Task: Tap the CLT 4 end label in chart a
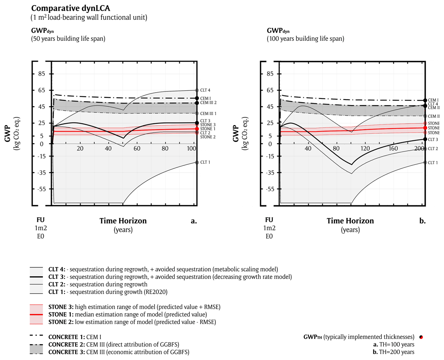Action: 206,90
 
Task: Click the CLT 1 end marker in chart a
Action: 196,163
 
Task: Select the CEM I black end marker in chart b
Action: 425,100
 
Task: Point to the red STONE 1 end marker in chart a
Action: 196,129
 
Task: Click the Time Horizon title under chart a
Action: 123,221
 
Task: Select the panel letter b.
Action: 422,221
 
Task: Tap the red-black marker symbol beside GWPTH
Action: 421,337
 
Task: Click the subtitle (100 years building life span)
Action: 305,39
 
